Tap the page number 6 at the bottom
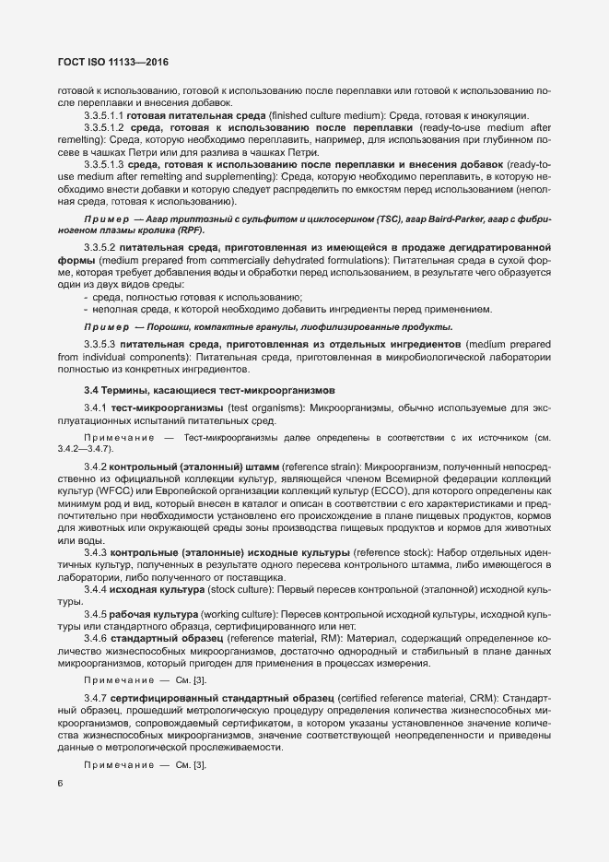coord(61,784)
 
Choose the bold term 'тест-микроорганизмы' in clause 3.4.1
coord(168,407)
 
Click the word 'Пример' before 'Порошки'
coord(105,327)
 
